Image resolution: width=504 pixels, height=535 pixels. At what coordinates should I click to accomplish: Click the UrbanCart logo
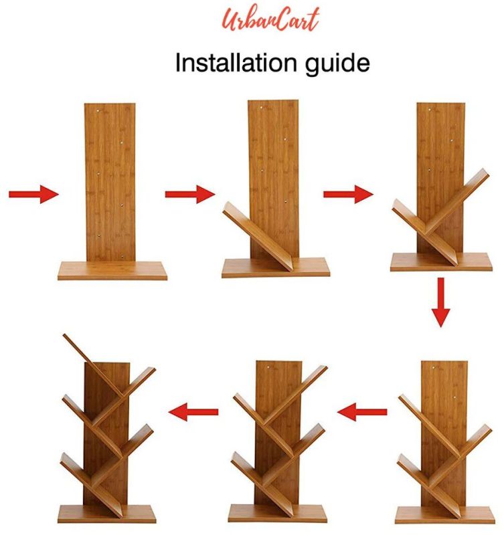click(x=270, y=20)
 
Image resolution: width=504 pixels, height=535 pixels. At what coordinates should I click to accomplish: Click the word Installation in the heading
click(x=236, y=63)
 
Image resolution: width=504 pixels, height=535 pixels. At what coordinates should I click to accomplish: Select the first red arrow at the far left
click(x=33, y=194)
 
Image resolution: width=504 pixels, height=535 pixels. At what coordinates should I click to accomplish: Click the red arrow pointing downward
click(x=441, y=302)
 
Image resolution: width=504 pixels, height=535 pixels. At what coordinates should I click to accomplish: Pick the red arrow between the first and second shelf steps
click(x=190, y=194)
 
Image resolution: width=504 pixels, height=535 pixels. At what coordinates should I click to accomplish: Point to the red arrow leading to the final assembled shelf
click(x=193, y=412)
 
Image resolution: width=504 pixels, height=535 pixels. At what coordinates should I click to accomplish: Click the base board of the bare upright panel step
click(x=112, y=271)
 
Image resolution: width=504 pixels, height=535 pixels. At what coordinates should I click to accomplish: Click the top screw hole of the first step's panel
click(x=98, y=110)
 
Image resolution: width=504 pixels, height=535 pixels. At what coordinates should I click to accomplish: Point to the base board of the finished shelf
click(x=106, y=514)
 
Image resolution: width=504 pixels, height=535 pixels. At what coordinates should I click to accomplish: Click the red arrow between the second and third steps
click(x=348, y=194)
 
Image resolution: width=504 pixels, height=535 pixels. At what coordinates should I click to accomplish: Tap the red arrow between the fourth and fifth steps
click(x=362, y=412)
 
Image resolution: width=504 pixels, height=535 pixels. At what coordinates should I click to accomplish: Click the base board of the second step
click(x=276, y=268)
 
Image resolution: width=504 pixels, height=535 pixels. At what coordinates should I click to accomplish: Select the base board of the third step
click(x=441, y=262)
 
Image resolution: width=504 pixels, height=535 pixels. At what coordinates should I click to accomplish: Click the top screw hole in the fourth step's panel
click(x=434, y=368)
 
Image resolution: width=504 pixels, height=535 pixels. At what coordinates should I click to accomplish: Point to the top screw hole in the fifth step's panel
click(x=268, y=367)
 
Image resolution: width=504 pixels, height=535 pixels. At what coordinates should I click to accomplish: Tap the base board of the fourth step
click(x=444, y=515)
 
